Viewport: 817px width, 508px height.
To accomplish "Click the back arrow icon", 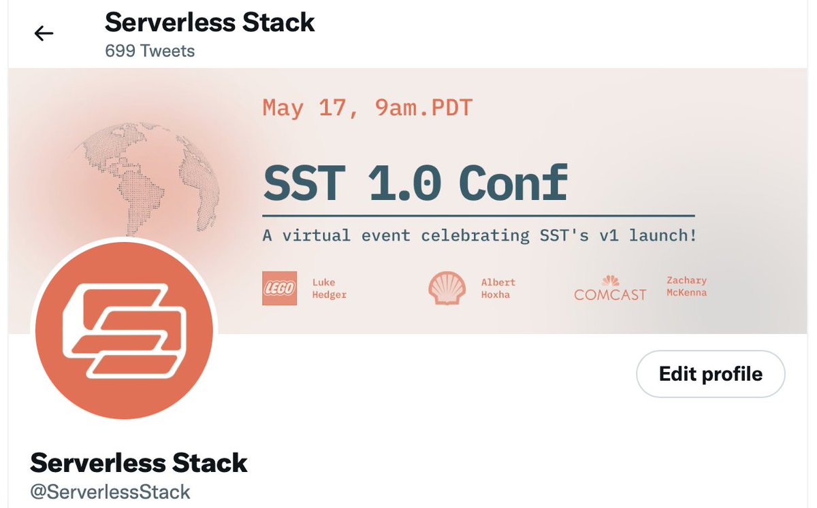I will click(x=44, y=33).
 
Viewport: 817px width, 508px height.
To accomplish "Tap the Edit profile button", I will click(x=710, y=374).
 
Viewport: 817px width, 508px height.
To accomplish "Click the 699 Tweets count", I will click(x=150, y=51).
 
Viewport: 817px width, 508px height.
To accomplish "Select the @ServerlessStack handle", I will click(x=110, y=492).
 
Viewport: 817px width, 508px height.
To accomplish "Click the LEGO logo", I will click(x=279, y=288).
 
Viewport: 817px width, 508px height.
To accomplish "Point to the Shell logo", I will click(x=447, y=288).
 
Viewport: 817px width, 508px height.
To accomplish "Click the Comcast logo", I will click(x=610, y=288).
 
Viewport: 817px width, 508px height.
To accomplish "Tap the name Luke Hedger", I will click(x=329, y=288).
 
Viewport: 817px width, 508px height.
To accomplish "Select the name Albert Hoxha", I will click(x=498, y=288).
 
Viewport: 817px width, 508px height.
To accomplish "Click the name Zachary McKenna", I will click(x=686, y=286).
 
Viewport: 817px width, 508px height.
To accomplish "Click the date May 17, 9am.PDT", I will click(x=367, y=108).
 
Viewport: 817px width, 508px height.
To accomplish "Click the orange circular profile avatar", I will click(x=124, y=331).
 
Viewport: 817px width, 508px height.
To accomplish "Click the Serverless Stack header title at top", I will click(x=210, y=22).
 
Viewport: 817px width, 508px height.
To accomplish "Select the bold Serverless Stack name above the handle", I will click(x=139, y=462).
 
